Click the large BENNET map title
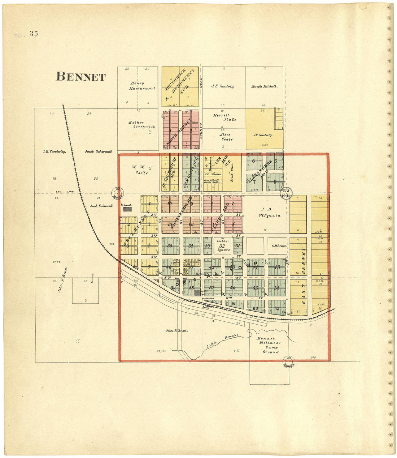80,77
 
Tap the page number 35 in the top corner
34,34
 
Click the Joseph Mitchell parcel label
264,87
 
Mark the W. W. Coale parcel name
138,170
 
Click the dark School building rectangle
127,209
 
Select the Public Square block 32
222,245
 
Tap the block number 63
277,308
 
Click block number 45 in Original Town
277,267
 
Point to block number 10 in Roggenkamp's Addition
169,203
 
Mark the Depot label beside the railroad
206,308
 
